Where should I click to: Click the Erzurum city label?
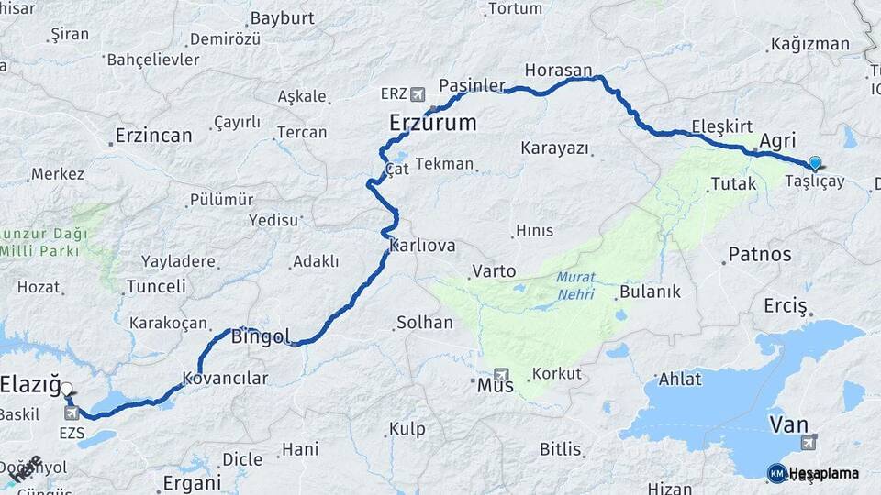pyautogui.click(x=432, y=123)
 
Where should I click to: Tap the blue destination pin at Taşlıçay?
pyautogui.click(x=814, y=164)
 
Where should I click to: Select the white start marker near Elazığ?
pyautogui.click(x=66, y=389)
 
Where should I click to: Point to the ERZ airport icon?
pyautogui.click(x=419, y=93)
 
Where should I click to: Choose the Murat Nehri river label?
pyautogui.click(x=575, y=286)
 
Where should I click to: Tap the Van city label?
pyautogui.click(x=788, y=424)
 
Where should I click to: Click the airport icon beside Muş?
pyautogui.click(x=501, y=373)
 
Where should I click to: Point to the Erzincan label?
pyautogui.click(x=153, y=136)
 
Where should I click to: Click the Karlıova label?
pyautogui.click(x=422, y=246)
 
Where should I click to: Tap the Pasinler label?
pyautogui.click(x=472, y=85)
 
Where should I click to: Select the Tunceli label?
pyautogui.click(x=156, y=286)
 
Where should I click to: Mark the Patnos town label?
pyautogui.click(x=759, y=255)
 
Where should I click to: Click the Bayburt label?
pyautogui.click(x=282, y=18)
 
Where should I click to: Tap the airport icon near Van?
pyautogui.click(x=809, y=444)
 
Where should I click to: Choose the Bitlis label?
pyautogui.click(x=560, y=449)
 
